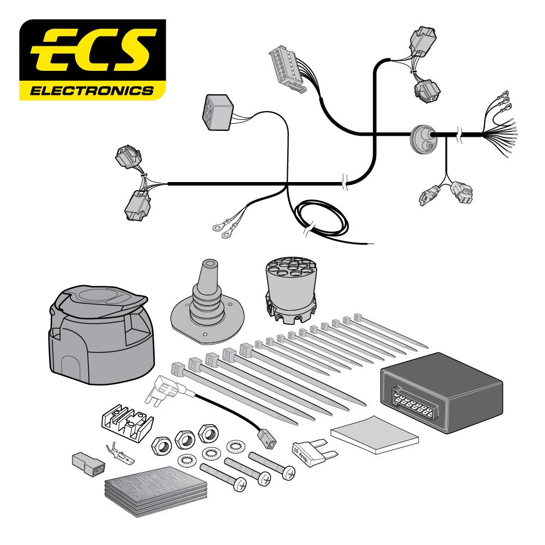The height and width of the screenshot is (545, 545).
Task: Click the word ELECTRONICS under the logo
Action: (92, 89)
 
